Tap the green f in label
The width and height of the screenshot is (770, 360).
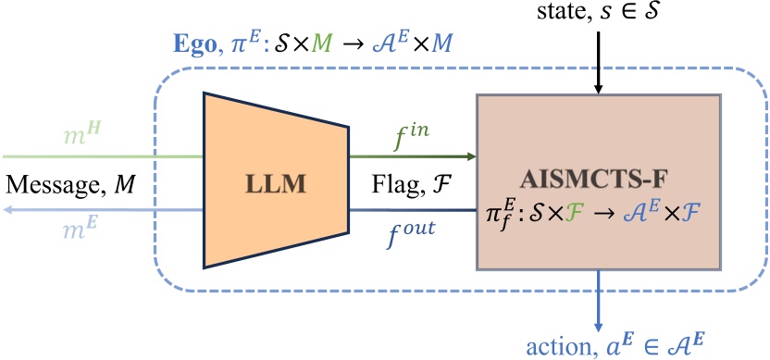point(409,138)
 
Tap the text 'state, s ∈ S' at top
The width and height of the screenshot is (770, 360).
point(600,14)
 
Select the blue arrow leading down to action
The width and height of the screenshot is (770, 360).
point(600,296)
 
